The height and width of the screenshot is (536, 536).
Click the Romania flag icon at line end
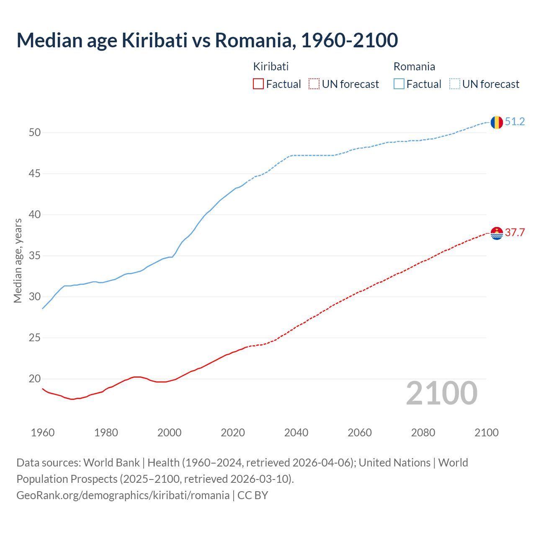click(x=496, y=122)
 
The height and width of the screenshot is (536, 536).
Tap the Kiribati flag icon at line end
click(x=496, y=233)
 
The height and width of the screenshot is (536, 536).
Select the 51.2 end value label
click(x=515, y=122)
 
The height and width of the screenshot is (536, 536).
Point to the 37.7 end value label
click(x=515, y=233)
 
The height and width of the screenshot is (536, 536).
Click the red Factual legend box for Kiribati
click(x=258, y=84)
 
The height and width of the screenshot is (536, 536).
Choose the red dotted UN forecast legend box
click(x=314, y=84)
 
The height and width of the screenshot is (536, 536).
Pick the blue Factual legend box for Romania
click(x=399, y=84)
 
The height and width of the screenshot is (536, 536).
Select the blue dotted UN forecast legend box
click(x=455, y=84)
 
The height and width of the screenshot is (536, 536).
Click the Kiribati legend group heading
click(x=271, y=67)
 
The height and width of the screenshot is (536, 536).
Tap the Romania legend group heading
click(x=414, y=67)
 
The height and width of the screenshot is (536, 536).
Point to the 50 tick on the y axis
click(x=35, y=133)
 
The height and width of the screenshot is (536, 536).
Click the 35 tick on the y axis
click(x=35, y=256)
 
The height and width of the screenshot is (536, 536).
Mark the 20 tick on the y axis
click(x=35, y=379)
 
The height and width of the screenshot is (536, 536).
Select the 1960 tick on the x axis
click(x=43, y=433)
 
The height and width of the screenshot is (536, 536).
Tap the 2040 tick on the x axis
click(x=296, y=433)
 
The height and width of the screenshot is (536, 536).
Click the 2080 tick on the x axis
click(x=423, y=433)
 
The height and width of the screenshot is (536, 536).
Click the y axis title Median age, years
click(x=18, y=260)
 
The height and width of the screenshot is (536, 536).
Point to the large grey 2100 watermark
click(x=441, y=393)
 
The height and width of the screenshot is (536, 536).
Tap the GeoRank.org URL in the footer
click(x=123, y=495)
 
